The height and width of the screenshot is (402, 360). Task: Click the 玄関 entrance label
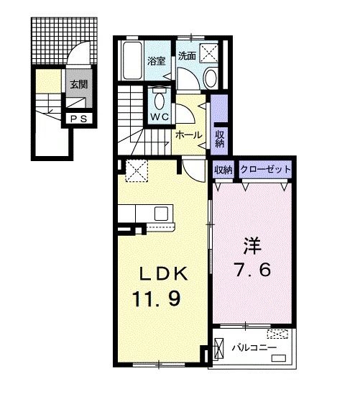click(x=79, y=84)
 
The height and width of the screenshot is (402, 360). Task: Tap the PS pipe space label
click(x=78, y=119)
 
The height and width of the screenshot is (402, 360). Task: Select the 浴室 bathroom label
click(x=157, y=60)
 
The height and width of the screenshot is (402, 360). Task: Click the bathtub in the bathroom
click(x=132, y=60)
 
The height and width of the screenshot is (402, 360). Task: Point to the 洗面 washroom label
click(x=188, y=55)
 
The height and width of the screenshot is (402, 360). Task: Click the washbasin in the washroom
click(x=211, y=77)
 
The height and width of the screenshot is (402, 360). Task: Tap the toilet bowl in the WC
click(x=159, y=100)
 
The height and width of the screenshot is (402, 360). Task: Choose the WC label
click(x=160, y=117)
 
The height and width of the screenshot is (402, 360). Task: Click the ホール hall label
click(x=188, y=134)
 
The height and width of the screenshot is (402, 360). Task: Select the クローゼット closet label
click(x=266, y=169)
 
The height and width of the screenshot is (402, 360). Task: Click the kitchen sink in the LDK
click(x=161, y=214)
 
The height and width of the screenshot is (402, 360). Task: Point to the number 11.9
click(x=157, y=299)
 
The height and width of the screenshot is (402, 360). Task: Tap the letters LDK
click(x=164, y=274)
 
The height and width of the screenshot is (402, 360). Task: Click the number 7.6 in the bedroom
click(x=252, y=270)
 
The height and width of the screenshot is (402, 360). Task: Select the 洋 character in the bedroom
click(x=252, y=246)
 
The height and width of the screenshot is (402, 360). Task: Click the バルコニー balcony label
click(x=254, y=347)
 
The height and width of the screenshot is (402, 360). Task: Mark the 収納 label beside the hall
click(x=220, y=139)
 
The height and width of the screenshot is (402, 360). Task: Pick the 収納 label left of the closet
click(x=223, y=169)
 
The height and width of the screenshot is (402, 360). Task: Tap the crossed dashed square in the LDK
click(x=137, y=170)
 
